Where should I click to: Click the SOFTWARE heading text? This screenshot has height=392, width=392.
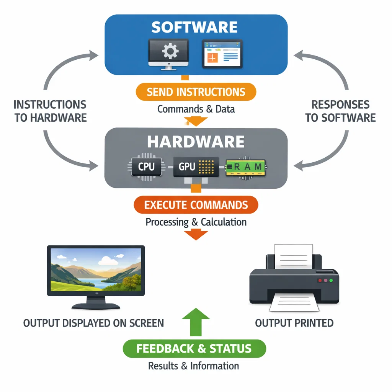pos(194,27)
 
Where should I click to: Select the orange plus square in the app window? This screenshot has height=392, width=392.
pos(212,58)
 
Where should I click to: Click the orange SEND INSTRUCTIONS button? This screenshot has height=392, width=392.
pos(196,92)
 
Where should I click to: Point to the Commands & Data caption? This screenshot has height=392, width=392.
pos(196,109)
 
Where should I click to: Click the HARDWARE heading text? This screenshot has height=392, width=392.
pos(196,142)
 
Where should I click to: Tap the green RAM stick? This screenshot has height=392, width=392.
pos(245,167)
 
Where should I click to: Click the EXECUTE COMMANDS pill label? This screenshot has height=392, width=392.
pos(196,205)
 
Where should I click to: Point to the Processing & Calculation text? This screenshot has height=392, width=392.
pos(196,222)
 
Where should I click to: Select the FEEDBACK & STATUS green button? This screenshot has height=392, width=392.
pos(194,348)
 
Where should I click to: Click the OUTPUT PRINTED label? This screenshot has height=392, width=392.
pos(294,323)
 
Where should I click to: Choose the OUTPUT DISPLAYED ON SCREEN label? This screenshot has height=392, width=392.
pos(93,323)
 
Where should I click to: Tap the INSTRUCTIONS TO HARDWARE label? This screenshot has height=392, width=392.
pos(50,111)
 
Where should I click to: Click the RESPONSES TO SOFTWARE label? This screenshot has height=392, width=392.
pos(340,111)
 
